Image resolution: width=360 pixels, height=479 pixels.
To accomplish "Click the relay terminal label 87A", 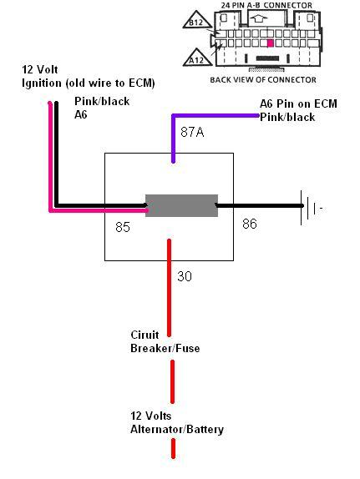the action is [x=192, y=132].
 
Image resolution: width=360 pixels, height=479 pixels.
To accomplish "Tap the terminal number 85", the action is [x=123, y=227].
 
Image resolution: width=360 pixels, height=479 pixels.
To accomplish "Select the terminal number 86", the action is [x=250, y=224].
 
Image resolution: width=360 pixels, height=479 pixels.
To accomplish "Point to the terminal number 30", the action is [x=185, y=276].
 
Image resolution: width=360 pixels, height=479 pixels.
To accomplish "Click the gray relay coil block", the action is [x=181, y=205].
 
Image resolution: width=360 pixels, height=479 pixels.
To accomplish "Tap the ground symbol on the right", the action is [x=311, y=208].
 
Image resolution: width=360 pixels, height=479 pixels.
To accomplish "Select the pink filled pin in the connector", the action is [x=270, y=43].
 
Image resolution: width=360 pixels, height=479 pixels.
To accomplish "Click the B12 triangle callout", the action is [x=197, y=21].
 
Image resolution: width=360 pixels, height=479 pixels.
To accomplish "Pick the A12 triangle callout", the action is [x=197, y=58].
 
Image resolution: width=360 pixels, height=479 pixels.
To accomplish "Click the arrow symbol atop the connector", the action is [x=258, y=18].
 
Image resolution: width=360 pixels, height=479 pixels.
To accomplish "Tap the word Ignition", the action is [x=42, y=83].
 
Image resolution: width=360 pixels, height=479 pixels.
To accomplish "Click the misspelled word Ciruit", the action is [x=145, y=335].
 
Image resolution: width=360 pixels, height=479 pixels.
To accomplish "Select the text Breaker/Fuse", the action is [x=165, y=348].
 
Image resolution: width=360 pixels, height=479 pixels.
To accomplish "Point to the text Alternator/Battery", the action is [x=177, y=429].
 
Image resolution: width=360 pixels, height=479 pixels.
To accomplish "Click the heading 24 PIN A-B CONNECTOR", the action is [x=266, y=6].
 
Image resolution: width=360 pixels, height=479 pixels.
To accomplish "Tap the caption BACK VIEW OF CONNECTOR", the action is [x=263, y=80].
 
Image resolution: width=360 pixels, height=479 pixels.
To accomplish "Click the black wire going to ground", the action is [x=260, y=206].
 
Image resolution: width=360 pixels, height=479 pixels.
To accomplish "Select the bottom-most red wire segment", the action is [x=173, y=449].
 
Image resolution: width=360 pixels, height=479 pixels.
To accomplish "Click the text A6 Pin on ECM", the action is [x=298, y=103].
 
